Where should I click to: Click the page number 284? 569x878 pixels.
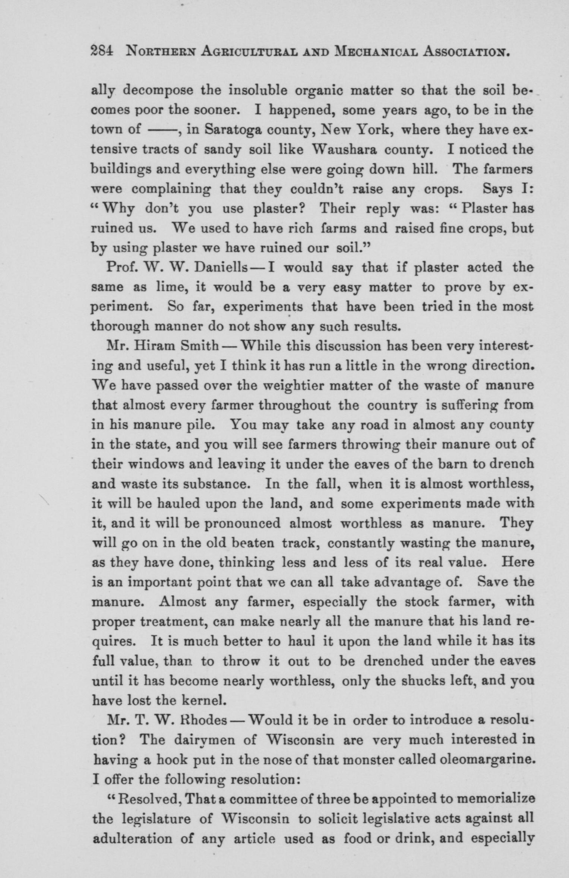click(x=102, y=51)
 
